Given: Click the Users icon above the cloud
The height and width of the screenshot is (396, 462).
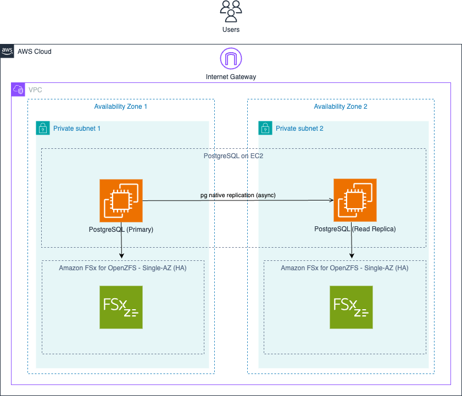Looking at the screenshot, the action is pyautogui.click(x=231, y=11).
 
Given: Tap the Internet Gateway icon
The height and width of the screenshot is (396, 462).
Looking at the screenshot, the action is pyautogui.click(x=231, y=58).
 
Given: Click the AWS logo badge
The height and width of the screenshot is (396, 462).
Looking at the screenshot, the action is pyautogui.click(x=7, y=51).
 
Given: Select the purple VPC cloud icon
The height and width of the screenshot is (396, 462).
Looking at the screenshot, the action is pyautogui.click(x=18, y=90).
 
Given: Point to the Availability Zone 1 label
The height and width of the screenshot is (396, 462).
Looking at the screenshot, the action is pyautogui.click(x=120, y=107).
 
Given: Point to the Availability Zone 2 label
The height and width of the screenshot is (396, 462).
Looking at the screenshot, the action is pyautogui.click(x=341, y=107).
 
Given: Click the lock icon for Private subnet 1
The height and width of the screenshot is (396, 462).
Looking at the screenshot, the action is pyautogui.click(x=43, y=128).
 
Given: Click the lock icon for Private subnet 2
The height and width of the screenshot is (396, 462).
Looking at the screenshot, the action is pyautogui.click(x=265, y=128).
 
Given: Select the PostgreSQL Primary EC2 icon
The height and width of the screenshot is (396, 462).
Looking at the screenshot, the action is pyautogui.click(x=121, y=200).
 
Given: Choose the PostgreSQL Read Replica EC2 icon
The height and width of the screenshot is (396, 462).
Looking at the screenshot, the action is pyautogui.click(x=355, y=200).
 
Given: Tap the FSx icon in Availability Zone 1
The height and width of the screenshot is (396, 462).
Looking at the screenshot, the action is pyautogui.click(x=121, y=308).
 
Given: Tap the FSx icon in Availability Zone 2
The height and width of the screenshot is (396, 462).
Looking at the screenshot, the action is pyautogui.click(x=351, y=308).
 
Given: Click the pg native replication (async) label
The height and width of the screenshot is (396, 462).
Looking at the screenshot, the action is pyautogui.click(x=238, y=195).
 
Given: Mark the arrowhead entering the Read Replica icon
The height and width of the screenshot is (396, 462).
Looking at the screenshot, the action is pyautogui.click(x=331, y=200).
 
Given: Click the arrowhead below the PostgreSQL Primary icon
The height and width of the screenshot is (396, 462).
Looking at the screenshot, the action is pyautogui.click(x=121, y=256).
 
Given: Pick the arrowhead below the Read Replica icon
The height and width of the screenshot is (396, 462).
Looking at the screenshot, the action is pyautogui.click(x=352, y=256).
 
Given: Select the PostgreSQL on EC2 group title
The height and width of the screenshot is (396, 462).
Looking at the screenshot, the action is pyautogui.click(x=233, y=156).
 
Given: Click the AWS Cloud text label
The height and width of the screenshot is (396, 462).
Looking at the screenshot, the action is pyautogui.click(x=35, y=52).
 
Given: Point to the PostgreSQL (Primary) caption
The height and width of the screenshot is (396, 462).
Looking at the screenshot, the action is pyautogui.click(x=121, y=230).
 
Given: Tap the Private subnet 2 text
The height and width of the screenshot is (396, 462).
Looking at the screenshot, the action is pyautogui.click(x=299, y=129).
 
